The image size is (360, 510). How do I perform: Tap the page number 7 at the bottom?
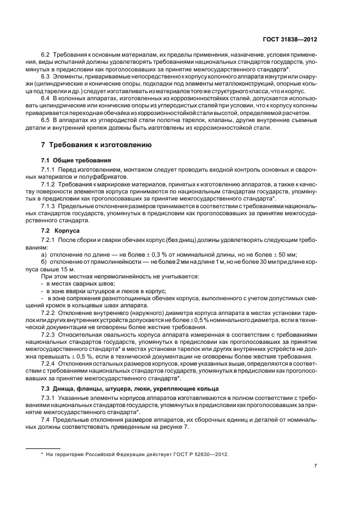click(x=316, y=465)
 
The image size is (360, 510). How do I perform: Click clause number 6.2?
click(x=46, y=56)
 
